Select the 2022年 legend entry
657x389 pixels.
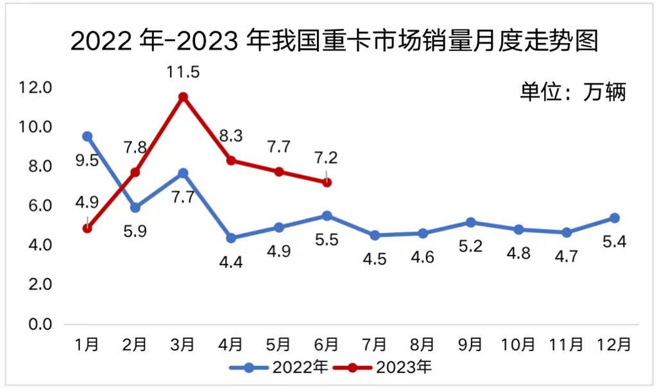click(x=280, y=368)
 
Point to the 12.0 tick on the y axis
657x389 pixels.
click(x=34, y=87)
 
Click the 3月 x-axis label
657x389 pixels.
click(x=183, y=345)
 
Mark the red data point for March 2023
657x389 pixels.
click(x=183, y=97)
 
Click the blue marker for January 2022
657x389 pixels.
click(x=87, y=136)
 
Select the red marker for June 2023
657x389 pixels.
click(x=327, y=182)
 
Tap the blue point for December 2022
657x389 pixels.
click(x=614, y=218)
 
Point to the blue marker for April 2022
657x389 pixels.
click(x=231, y=238)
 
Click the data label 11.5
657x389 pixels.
click(x=183, y=72)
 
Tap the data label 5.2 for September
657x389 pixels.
click(x=470, y=246)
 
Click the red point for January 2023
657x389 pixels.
click(x=87, y=228)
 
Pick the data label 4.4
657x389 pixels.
click(x=231, y=263)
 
